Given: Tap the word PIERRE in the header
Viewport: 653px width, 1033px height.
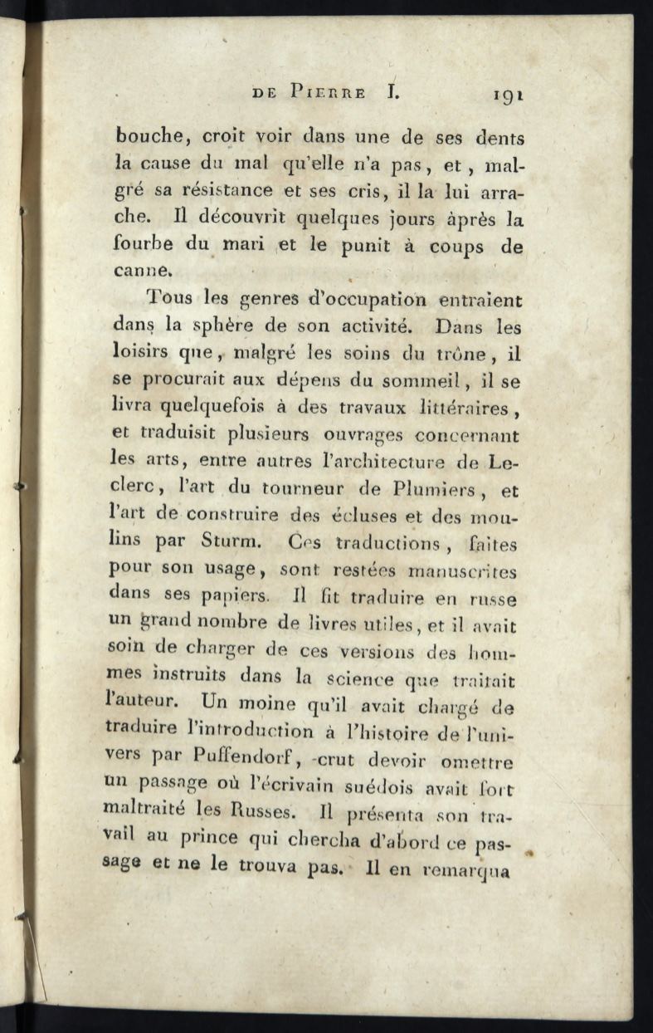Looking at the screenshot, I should [x=328, y=93].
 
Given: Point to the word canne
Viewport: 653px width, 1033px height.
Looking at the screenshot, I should [x=143, y=272].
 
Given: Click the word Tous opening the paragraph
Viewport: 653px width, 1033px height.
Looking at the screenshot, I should [x=169, y=298].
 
